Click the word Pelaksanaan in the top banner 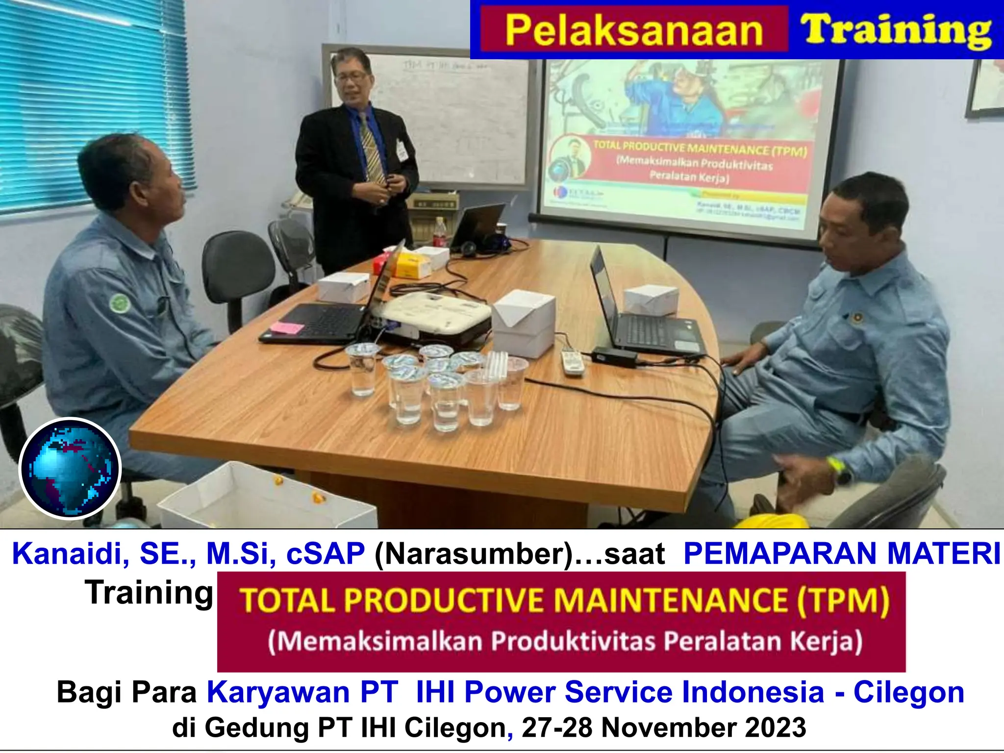[x=633, y=30]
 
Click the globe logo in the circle [x=70, y=468]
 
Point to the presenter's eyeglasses [x=352, y=77]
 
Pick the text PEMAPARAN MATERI [x=841, y=554]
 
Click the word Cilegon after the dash [x=909, y=692]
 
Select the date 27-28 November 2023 [x=664, y=728]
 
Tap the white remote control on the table [x=572, y=363]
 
